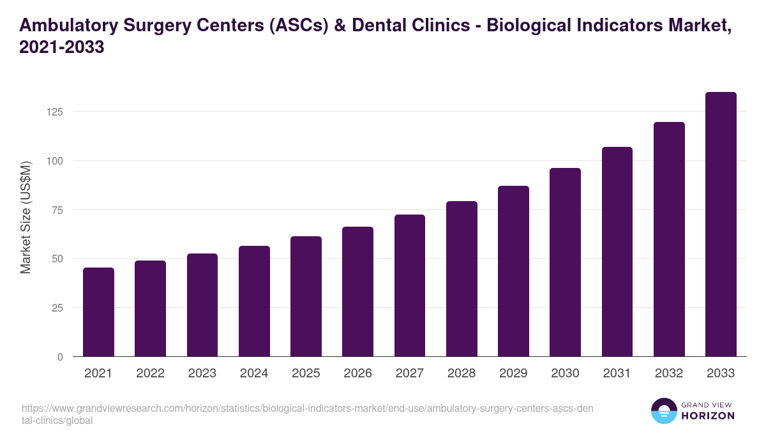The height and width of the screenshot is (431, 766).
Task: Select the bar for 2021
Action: [98, 312]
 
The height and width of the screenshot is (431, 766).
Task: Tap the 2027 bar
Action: [410, 285]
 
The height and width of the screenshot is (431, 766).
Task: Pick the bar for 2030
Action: [565, 262]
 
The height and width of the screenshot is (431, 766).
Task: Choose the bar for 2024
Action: [254, 301]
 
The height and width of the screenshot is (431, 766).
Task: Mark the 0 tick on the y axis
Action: [61, 357]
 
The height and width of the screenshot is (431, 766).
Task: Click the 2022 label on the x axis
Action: [150, 374]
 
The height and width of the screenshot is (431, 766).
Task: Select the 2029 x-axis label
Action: [513, 374]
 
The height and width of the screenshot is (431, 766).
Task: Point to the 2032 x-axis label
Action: [669, 374]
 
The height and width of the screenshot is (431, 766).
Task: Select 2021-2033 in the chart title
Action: [62, 47]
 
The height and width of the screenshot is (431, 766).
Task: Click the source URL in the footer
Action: [306, 414]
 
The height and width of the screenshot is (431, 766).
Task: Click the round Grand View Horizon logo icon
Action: [663, 411]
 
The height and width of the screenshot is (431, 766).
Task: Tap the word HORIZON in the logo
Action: [709, 416]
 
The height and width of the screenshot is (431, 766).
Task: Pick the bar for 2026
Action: [357, 292]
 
